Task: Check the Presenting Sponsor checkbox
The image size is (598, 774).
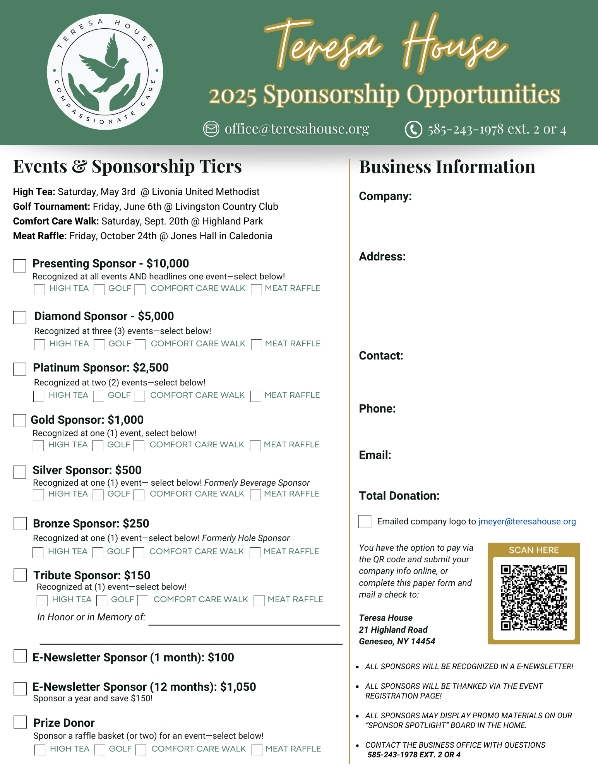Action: [19, 266]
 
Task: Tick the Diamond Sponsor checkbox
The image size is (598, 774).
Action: [20, 317]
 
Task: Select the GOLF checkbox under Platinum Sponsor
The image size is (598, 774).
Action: [99, 396]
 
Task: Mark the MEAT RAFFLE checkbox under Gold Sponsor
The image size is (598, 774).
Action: [255, 446]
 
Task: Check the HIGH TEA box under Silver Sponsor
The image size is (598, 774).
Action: [38, 495]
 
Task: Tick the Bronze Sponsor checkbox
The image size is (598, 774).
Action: [20, 524]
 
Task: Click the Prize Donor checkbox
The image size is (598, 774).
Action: [20, 722]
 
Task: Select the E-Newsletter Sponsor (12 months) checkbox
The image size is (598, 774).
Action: [20, 689]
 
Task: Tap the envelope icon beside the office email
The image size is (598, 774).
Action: [211, 129]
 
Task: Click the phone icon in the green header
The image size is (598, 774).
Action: [413, 129]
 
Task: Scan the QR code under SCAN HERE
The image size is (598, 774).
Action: [534, 598]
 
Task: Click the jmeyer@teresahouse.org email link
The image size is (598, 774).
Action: [527, 522]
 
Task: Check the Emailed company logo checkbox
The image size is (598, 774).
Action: [365, 522]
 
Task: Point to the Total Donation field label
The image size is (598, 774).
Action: [399, 496]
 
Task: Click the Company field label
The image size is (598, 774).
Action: [385, 196]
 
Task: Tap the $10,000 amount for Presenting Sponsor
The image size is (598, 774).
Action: [168, 264]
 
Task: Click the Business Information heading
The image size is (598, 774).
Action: [447, 167]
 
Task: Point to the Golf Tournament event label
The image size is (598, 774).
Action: [51, 207]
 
